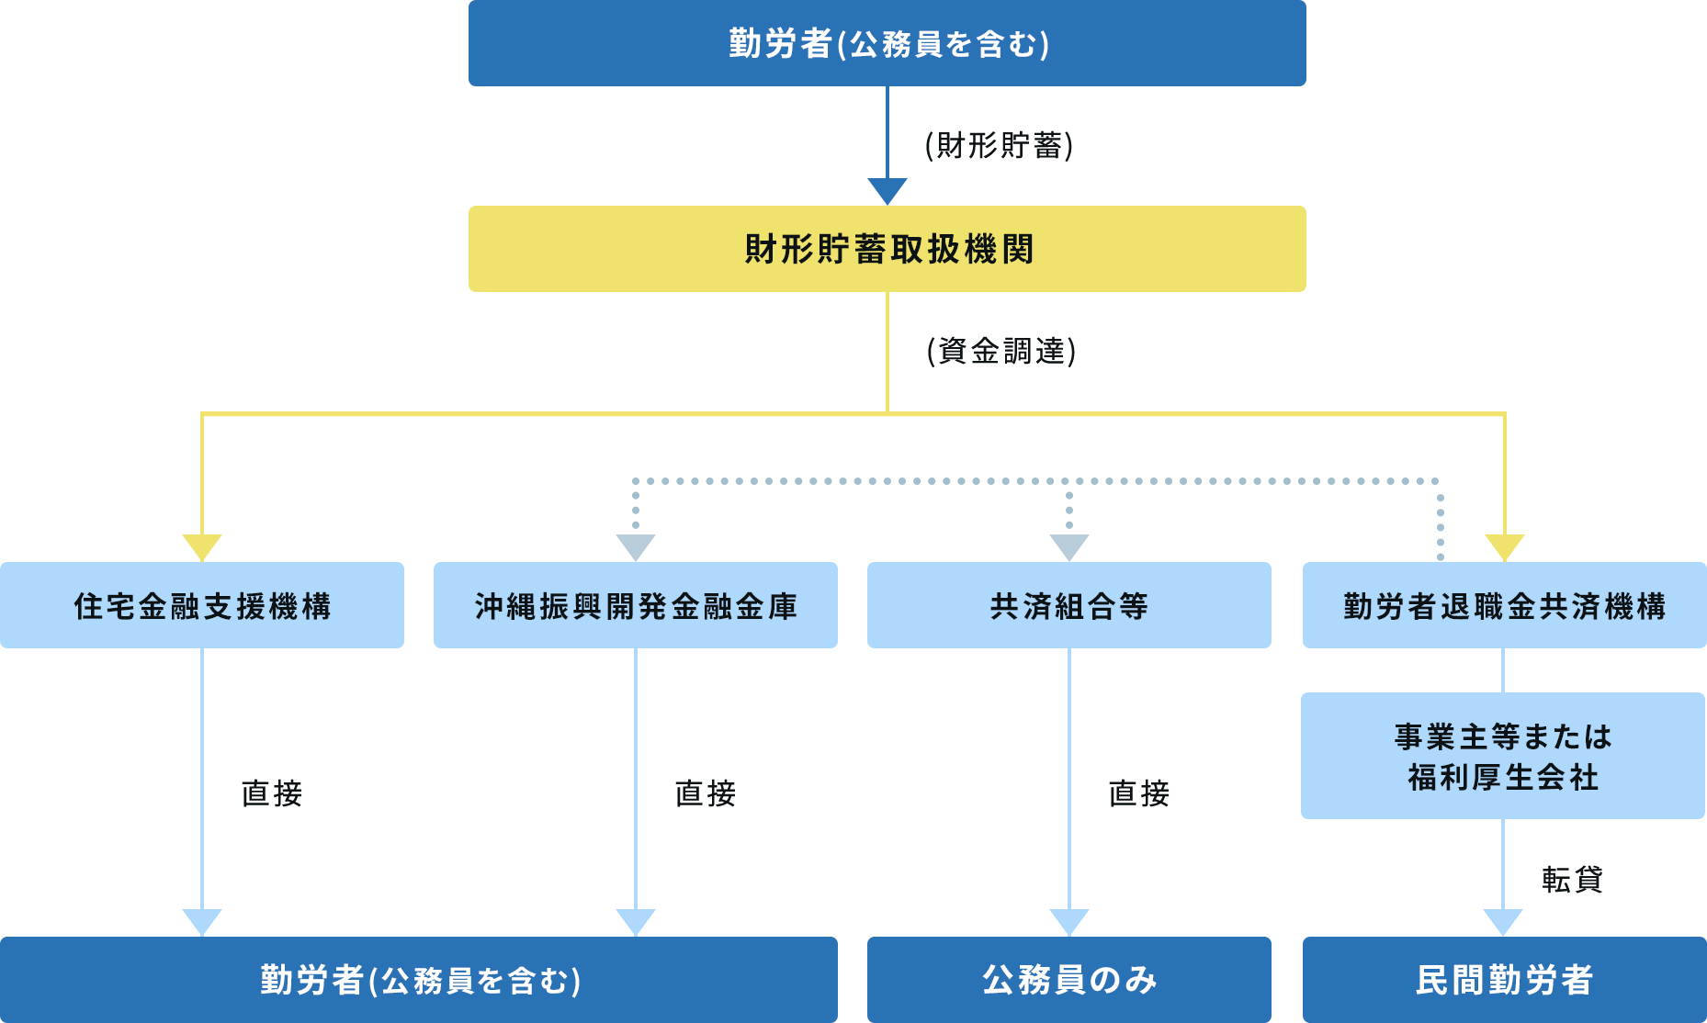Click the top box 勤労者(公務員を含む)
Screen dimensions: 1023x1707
pyautogui.click(x=887, y=43)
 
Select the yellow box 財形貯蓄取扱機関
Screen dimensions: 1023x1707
pyautogui.click(x=887, y=249)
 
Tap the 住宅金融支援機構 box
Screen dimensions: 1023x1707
pyautogui.click(x=202, y=605)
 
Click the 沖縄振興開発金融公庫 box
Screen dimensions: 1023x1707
pyautogui.click(x=636, y=605)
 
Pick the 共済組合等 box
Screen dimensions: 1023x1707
pyautogui.click(x=1069, y=605)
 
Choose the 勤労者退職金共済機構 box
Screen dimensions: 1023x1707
pyautogui.click(x=1504, y=605)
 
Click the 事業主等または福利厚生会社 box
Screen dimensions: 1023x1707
pyautogui.click(x=1503, y=756)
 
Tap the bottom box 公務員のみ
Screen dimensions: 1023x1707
pyautogui.click(x=1069, y=980)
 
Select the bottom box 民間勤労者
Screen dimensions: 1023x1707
pyautogui.click(x=1504, y=980)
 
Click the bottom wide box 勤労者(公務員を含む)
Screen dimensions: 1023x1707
pyautogui.click(x=420, y=980)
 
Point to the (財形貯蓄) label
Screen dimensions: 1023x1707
pyautogui.click(x=999, y=145)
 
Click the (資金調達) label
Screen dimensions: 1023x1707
pyautogui.click(x=1001, y=351)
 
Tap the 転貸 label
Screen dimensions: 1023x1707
pyautogui.click(x=1572, y=880)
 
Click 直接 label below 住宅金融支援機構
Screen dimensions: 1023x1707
pyautogui.click(x=271, y=793)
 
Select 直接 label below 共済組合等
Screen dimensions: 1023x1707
pyautogui.click(x=1138, y=793)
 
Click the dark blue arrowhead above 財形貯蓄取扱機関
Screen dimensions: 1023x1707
pyautogui.click(x=887, y=190)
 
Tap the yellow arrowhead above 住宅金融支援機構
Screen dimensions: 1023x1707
pyautogui.click(x=202, y=546)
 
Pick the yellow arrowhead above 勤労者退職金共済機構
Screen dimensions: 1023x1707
pyautogui.click(x=1505, y=546)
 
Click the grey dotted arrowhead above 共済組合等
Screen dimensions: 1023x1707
pyautogui.click(x=1069, y=546)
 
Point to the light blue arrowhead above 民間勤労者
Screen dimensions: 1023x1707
pyautogui.click(x=1503, y=921)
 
